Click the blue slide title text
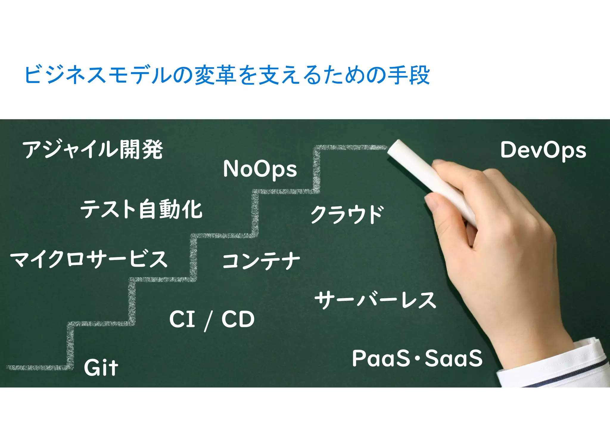point(227,75)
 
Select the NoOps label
point(260,169)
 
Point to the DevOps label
point(543,150)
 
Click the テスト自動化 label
point(141,209)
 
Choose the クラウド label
point(347,214)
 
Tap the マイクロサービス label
point(89,259)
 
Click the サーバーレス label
point(375,300)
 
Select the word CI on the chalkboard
point(182,319)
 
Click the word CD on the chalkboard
point(238,319)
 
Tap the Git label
point(101,368)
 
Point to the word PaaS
point(381,358)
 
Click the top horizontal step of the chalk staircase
point(351,147)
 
